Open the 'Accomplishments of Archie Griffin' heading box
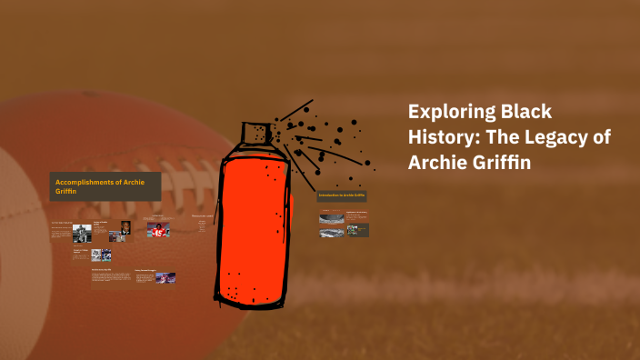pos(105,186)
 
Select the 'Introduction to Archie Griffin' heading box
pos(342,195)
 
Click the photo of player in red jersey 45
pos(159,230)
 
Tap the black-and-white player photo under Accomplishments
pos(81,232)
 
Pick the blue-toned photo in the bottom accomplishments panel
pos(165,277)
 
